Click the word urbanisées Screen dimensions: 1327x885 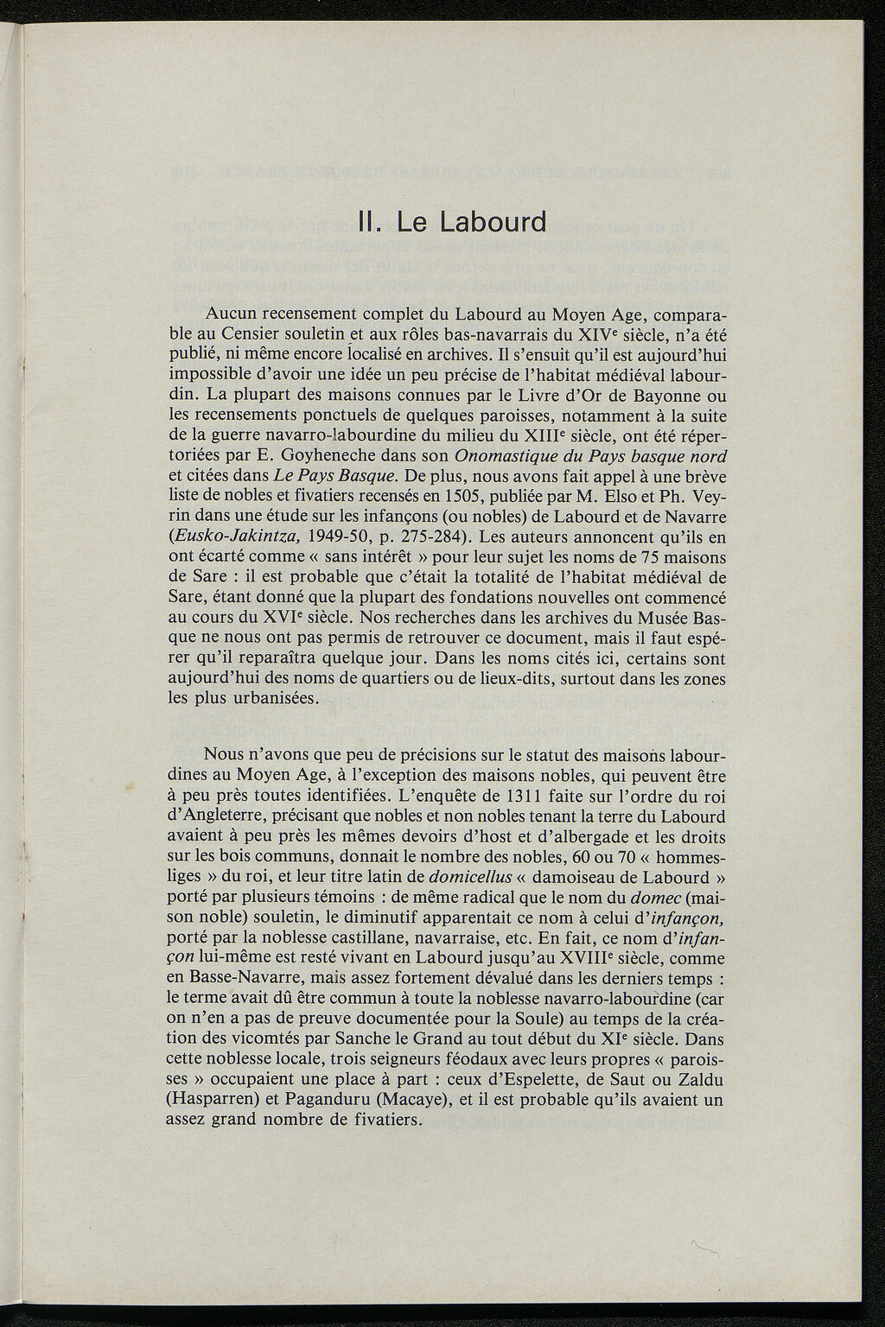[x=272, y=696]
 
